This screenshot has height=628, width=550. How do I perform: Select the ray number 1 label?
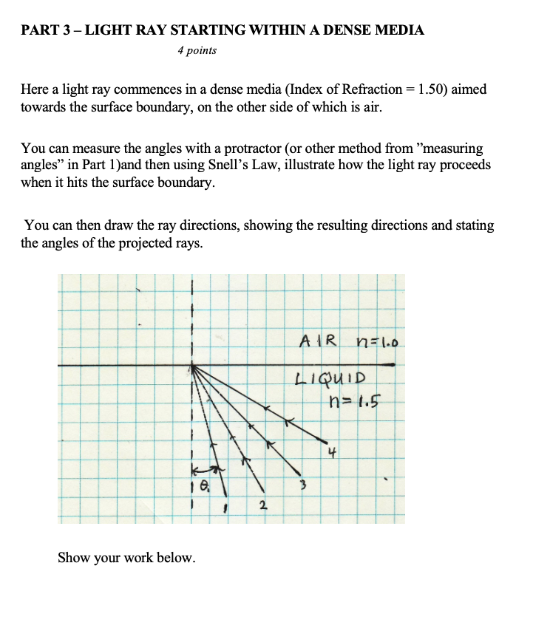[225, 508]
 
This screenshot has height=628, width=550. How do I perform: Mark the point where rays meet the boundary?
[191, 366]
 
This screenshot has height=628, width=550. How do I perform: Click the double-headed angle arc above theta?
[205, 469]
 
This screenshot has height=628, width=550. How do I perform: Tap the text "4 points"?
[197, 51]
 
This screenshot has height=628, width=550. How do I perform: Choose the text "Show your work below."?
[126, 558]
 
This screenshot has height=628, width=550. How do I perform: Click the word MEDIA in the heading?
[402, 30]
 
